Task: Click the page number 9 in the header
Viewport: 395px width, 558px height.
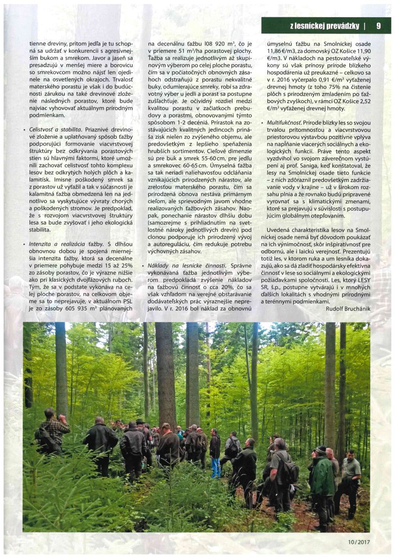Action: (x=378, y=26)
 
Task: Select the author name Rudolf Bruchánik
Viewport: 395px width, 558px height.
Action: (x=348, y=308)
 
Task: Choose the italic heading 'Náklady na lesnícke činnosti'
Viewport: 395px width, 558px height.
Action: (x=187, y=266)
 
